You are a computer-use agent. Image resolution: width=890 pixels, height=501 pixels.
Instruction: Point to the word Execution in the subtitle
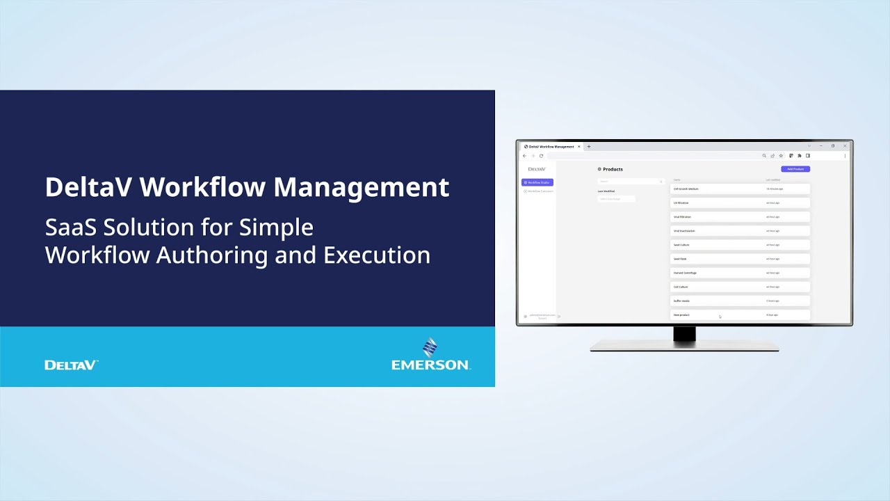tap(377, 255)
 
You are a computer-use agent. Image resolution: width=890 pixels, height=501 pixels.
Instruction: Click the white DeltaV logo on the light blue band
tap(71, 365)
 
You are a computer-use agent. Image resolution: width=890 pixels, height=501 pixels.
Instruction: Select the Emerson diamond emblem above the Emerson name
tap(430, 347)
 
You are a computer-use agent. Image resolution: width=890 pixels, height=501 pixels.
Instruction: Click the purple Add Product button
tap(795, 169)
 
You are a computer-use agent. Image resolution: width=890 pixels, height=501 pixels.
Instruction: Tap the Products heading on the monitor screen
tap(613, 169)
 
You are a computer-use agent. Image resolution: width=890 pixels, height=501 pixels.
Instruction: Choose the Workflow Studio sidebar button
tap(537, 182)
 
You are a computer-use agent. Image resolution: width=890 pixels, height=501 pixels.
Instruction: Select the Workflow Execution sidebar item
tap(539, 191)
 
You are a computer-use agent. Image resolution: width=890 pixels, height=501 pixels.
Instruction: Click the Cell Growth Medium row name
tap(686, 189)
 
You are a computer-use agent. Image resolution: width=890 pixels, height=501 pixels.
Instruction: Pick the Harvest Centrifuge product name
tap(685, 273)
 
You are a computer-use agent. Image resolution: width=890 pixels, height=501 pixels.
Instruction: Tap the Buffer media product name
tap(681, 301)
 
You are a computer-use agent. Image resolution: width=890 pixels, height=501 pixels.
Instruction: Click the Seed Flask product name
tap(680, 259)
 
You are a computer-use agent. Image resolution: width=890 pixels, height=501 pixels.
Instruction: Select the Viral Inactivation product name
tap(684, 231)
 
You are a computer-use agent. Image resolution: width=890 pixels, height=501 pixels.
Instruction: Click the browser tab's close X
tap(578, 147)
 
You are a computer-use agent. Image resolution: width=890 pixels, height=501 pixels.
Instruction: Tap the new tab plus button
tap(589, 147)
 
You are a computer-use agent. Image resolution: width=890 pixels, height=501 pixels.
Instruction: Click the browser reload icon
tap(541, 156)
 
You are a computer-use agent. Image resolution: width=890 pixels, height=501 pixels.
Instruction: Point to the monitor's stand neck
tap(684, 333)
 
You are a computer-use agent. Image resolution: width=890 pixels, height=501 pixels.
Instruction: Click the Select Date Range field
tap(616, 199)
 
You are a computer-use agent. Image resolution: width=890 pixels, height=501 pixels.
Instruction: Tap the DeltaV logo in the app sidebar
tap(537, 169)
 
